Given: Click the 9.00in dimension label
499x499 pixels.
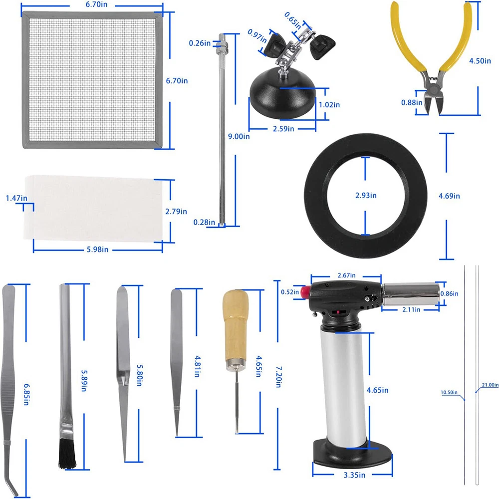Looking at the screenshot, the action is pyautogui.click(x=239, y=137).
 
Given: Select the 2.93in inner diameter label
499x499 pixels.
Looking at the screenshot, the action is pyautogui.click(x=366, y=196).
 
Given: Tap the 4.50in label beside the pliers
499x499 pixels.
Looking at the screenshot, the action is pyautogui.click(x=480, y=61).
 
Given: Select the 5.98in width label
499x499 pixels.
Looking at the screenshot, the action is pyautogui.click(x=97, y=249).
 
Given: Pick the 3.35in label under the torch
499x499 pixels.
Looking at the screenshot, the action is pyautogui.click(x=354, y=475).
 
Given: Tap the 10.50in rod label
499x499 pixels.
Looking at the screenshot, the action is pyautogui.click(x=449, y=392).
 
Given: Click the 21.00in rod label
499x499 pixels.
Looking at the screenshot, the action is pyautogui.click(x=490, y=385).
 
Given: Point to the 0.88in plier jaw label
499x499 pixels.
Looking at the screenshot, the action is pyautogui.click(x=412, y=102).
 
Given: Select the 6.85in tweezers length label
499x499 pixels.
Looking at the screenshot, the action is pyautogui.click(x=26, y=394).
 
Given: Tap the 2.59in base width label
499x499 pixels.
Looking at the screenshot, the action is pyautogui.click(x=283, y=129).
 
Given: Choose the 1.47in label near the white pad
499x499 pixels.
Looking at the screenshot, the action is pyautogui.click(x=16, y=198).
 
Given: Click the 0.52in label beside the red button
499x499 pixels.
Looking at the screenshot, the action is pyautogui.click(x=290, y=292).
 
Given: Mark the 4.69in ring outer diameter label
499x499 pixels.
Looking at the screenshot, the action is pyautogui.click(x=450, y=196).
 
